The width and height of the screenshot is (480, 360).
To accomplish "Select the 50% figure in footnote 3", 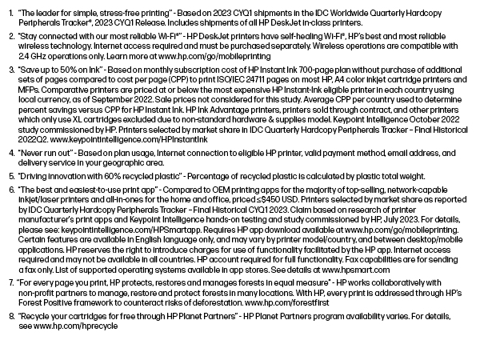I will point(81,70).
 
